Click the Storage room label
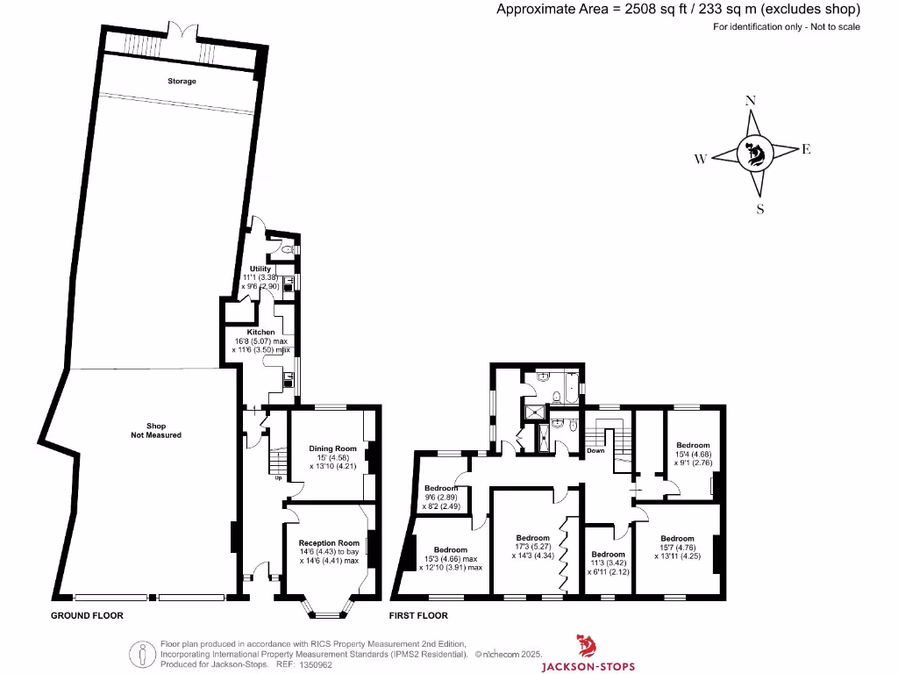[182, 81]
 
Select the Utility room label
[260, 269]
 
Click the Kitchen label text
[260, 333]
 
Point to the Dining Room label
[332, 448]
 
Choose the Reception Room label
[329, 542]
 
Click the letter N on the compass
[750, 101]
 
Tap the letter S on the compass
[760, 209]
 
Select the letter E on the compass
[806, 149]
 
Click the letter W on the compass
[701, 159]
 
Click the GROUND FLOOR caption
[87, 616]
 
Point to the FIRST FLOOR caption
[418, 616]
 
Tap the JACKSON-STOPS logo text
[587, 666]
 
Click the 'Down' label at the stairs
[596, 450]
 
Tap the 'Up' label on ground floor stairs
[278, 478]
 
